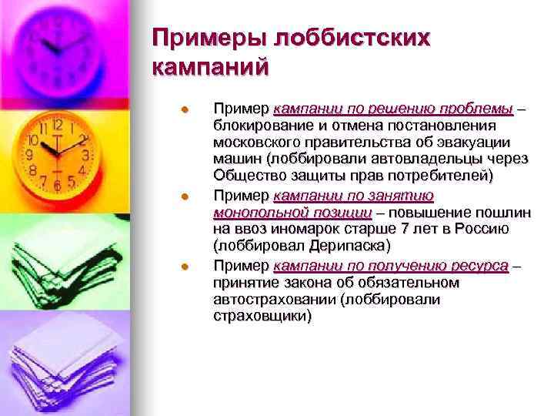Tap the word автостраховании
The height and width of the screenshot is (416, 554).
click(x=268, y=300)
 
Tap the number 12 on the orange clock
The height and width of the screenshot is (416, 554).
click(x=58, y=122)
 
